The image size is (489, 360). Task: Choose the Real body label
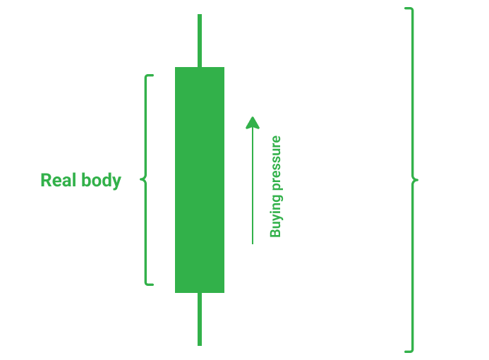click(80, 180)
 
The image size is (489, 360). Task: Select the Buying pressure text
click(275, 186)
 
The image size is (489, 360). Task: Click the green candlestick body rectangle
click(200, 179)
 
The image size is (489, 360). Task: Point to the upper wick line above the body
click(200, 40)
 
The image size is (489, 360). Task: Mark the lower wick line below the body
click(200, 320)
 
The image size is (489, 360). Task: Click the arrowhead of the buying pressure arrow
click(253, 122)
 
